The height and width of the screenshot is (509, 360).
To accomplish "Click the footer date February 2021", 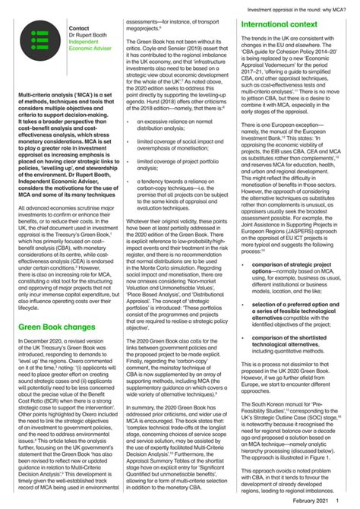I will [313, 502].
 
